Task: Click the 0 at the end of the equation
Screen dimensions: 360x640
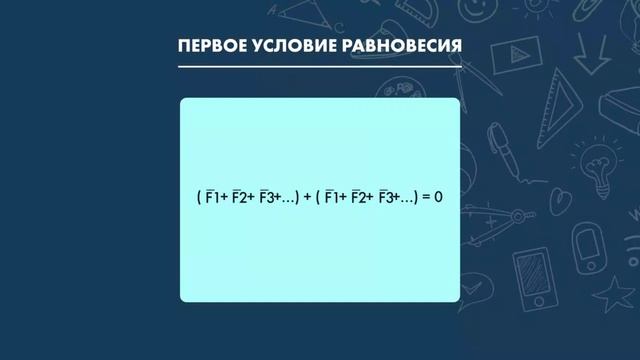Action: point(437,198)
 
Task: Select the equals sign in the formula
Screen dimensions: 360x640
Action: point(424,198)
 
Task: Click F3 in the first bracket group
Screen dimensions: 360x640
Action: point(266,198)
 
